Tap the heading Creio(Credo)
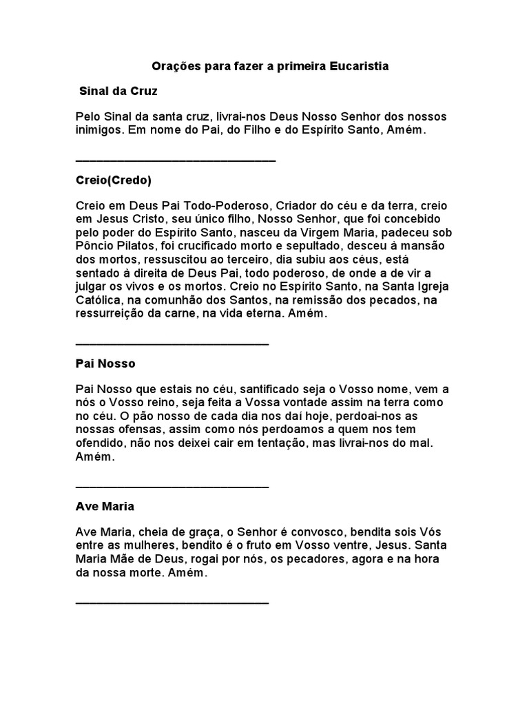point(113,180)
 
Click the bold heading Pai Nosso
point(105,363)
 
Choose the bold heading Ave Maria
point(105,506)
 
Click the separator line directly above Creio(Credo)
point(175,160)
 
